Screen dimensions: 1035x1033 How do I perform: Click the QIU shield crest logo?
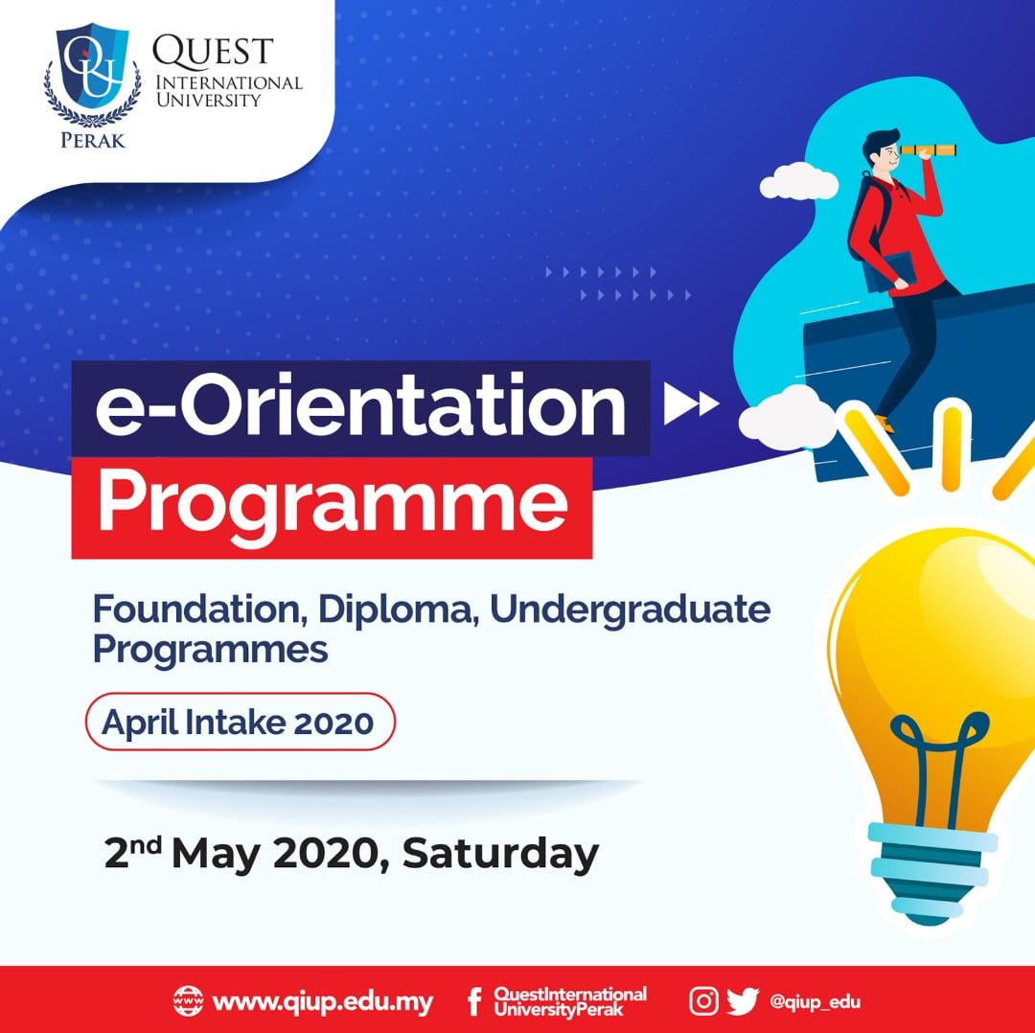(x=92, y=75)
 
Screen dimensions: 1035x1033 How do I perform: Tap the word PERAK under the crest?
(x=92, y=140)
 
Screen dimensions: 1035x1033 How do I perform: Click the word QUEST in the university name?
(x=213, y=52)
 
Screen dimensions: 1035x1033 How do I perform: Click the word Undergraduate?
(x=630, y=609)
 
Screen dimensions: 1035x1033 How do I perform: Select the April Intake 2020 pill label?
(x=241, y=722)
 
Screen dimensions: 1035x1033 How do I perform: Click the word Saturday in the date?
(x=500, y=855)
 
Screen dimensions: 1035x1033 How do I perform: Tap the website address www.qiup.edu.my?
(x=323, y=1002)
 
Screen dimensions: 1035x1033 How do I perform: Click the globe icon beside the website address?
(x=188, y=1000)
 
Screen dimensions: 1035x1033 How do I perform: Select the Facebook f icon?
(x=474, y=1002)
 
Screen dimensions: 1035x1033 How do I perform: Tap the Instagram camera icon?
(x=703, y=1000)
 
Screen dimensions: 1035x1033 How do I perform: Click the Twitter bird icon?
(x=743, y=1001)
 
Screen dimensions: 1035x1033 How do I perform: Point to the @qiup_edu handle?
(x=815, y=1002)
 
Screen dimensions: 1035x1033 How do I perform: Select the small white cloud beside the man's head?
(x=798, y=181)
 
